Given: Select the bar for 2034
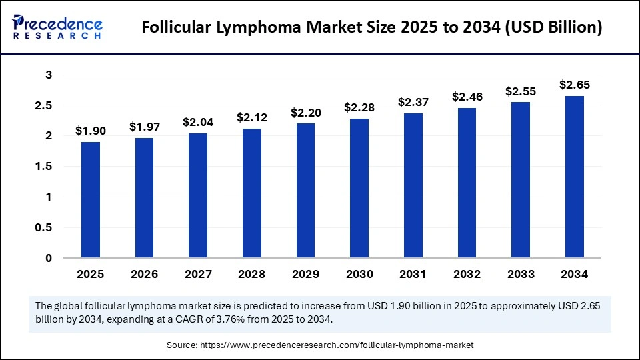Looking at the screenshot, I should click(575, 177).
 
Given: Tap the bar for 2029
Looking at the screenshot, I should click(306, 191).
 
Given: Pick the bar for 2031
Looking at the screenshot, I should click(413, 185).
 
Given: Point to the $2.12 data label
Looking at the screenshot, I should click(252, 117).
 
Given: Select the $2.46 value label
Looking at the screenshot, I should click(467, 97).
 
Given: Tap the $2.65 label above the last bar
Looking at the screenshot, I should click(575, 85).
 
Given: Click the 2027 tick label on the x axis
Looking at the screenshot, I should click(198, 273).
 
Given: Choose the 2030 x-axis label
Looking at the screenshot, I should click(359, 273).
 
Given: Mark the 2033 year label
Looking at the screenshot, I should click(521, 273).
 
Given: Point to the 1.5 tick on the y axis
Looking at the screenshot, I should click(44, 166).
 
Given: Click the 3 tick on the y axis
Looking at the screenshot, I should click(49, 75).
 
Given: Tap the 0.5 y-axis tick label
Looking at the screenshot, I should click(44, 227).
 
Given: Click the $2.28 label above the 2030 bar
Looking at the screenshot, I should click(359, 107).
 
